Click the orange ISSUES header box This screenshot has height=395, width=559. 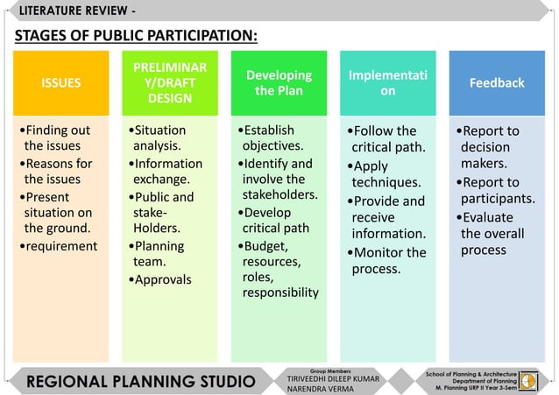(60, 83)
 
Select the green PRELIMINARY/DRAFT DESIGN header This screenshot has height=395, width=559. (170, 83)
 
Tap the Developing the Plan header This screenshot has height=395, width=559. (279, 83)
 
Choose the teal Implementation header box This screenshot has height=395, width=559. (387, 83)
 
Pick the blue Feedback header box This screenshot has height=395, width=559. (497, 83)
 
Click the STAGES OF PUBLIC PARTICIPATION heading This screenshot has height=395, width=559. (136, 36)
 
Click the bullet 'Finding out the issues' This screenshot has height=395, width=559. (56, 138)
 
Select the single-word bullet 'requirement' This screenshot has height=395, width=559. (61, 246)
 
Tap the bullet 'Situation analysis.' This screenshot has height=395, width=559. (159, 138)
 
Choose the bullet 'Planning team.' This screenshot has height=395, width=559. (159, 254)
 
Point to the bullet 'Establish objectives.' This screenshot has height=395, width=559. (270, 138)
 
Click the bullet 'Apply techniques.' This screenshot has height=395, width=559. (385, 174)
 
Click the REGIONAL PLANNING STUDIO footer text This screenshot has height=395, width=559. (140, 382)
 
